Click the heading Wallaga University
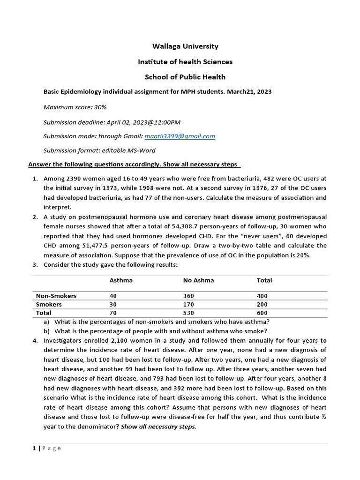(x=185, y=46)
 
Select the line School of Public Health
(x=185, y=77)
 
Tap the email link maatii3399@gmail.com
(x=180, y=136)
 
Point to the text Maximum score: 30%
(x=75, y=107)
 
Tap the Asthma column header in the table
(x=121, y=280)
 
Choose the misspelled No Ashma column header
(x=198, y=280)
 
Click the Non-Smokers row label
(x=56, y=296)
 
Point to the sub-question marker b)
(x=46, y=331)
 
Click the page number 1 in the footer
(x=34, y=448)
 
